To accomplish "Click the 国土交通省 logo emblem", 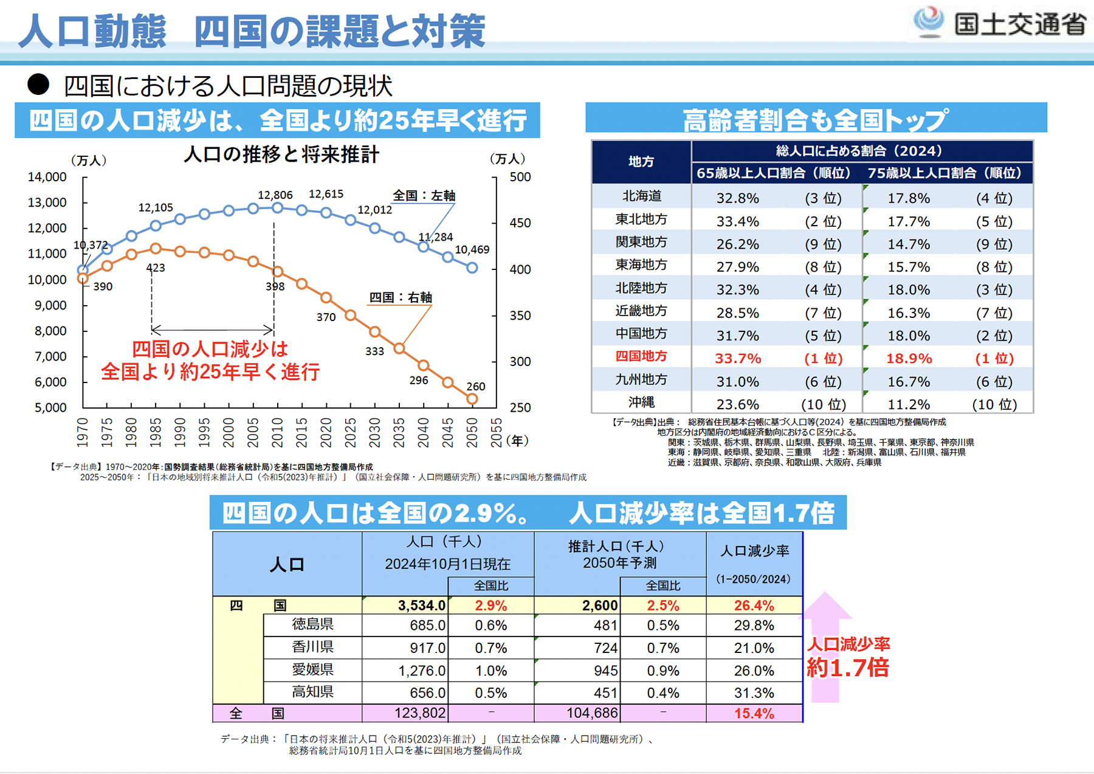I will [929, 22].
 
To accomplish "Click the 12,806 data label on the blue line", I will [275, 195].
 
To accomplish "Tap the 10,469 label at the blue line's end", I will [472, 249].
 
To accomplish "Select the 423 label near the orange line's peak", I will [156, 268].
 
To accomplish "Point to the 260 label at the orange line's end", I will [475, 387].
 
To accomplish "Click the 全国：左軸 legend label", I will [424, 196].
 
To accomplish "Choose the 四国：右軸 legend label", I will [401, 297].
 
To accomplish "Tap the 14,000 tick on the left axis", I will [47, 177].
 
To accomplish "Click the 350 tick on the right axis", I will [520, 316].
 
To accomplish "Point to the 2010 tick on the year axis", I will [278, 432].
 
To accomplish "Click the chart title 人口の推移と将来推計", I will [281, 154].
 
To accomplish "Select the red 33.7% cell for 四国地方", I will [738, 359].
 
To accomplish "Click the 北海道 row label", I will [641, 196].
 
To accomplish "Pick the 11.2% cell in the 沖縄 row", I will [909, 405].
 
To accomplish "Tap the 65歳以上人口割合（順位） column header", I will [774, 173].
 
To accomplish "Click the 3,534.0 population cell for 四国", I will [421, 606].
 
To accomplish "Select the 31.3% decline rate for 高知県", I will [754, 693].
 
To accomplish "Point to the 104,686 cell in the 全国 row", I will [591, 713].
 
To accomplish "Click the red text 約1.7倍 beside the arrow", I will [847, 668].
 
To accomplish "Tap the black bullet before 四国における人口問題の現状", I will [38, 85].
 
